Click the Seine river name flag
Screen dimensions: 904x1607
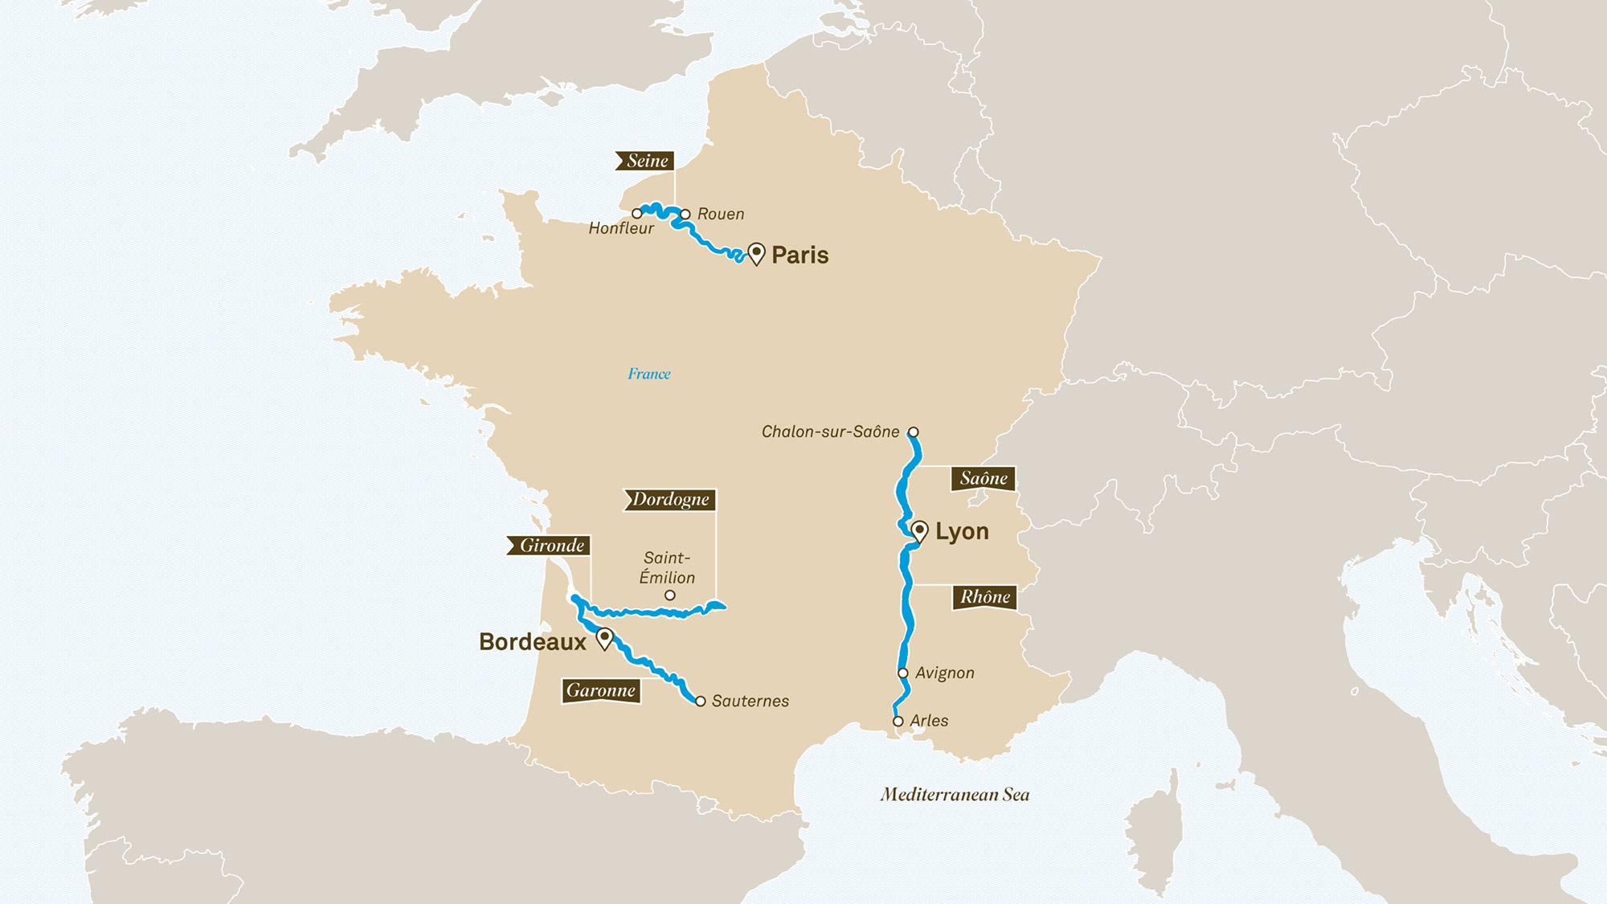click(x=646, y=161)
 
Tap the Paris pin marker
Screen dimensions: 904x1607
click(x=756, y=254)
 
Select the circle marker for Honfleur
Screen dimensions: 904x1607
click(x=637, y=214)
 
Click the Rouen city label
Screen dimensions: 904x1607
click(x=720, y=215)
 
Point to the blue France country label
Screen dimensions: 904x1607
click(x=648, y=374)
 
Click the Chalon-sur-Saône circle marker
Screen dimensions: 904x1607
click(x=914, y=432)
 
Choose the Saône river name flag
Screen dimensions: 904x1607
click(x=983, y=479)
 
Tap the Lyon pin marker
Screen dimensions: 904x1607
click(x=920, y=531)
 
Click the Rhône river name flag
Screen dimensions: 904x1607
click(x=985, y=597)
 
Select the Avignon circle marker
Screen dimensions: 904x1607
click(x=903, y=673)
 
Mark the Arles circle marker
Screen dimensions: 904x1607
click(x=898, y=722)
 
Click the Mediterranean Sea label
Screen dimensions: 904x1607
click(x=955, y=795)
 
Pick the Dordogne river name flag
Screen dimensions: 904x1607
click(x=670, y=500)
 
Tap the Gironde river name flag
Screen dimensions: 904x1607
click(x=550, y=546)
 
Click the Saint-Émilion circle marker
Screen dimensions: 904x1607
click(x=670, y=595)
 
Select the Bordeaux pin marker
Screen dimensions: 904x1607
click(x=605, y=639)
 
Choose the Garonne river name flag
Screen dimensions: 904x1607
click(x=601, y=691)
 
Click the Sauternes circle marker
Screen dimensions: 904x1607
click(x=701, y=702)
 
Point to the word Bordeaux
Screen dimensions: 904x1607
click(x=532, y=642)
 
